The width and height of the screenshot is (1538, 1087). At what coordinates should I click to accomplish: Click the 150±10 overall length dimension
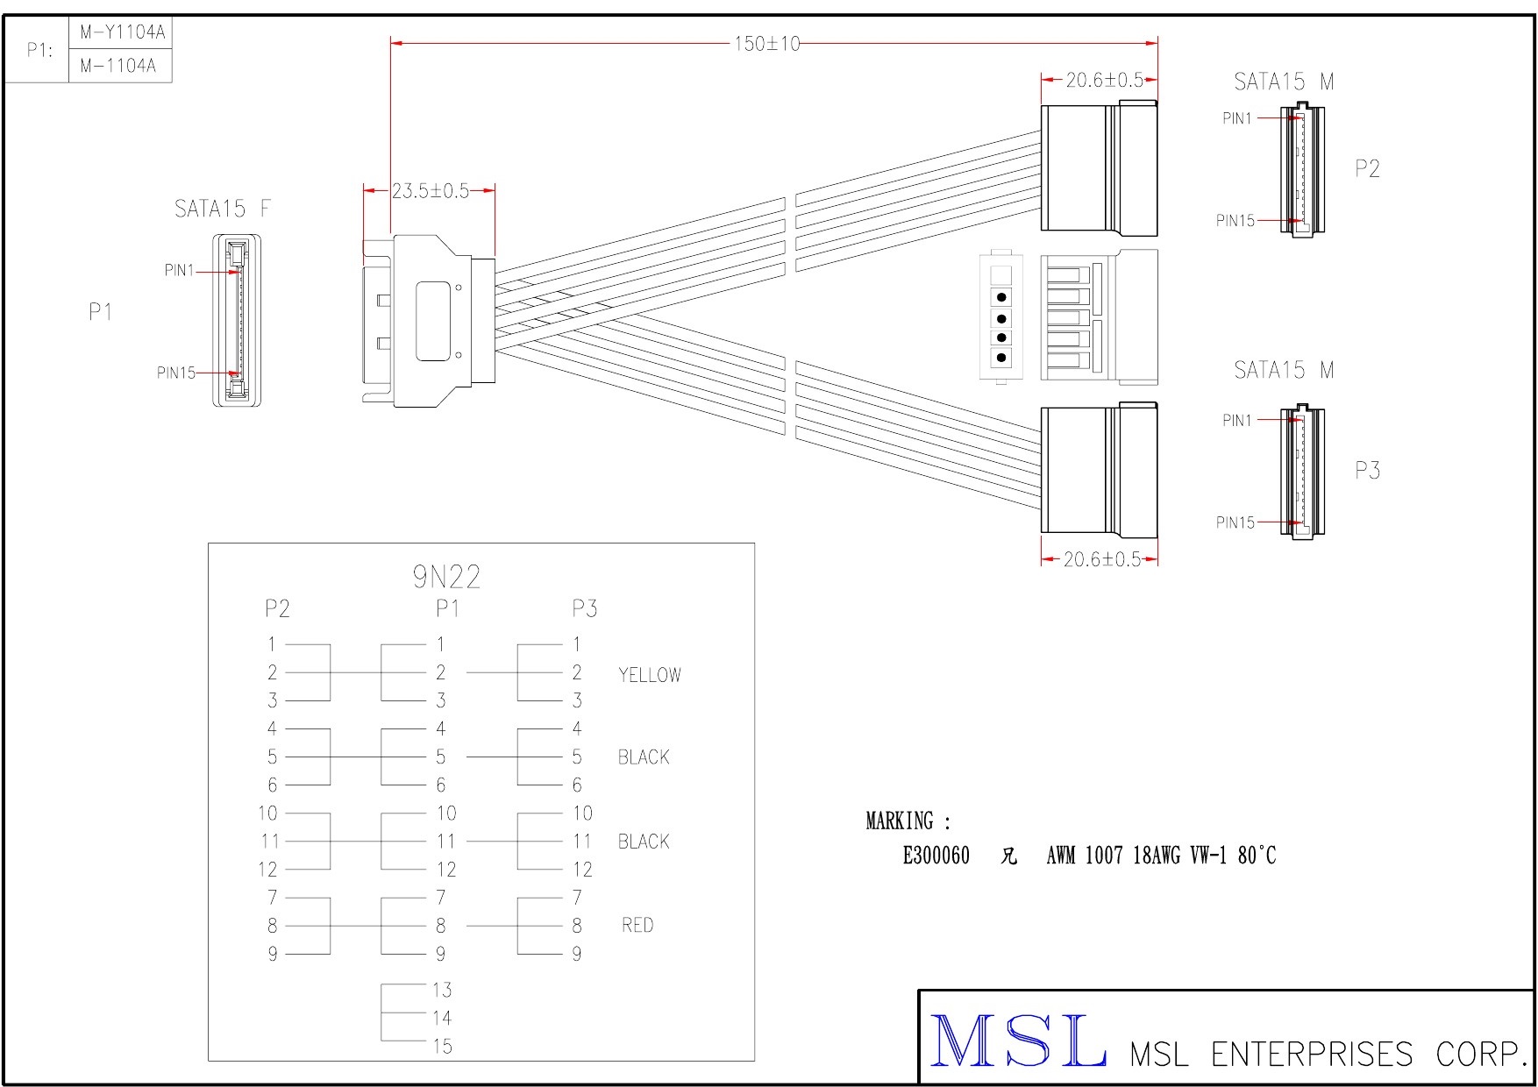(x=767, y=44)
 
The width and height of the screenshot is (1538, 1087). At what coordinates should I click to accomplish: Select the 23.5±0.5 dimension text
(x=430, y=191)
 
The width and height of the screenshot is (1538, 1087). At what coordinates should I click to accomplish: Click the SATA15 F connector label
(x=223, y=209)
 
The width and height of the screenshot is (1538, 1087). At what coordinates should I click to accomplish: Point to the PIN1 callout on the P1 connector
(x=179, y=271)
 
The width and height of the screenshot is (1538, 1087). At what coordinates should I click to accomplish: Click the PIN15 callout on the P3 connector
(x=1235, y=522)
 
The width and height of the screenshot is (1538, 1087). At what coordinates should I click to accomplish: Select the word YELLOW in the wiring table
(x=650, y=675)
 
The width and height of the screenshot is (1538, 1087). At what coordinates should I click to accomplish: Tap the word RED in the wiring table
(x=637, y=926)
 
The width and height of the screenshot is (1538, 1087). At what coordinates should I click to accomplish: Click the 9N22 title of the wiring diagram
(x=446, y=577)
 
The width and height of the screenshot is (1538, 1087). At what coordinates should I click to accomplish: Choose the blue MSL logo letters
(x=1017, y=1041)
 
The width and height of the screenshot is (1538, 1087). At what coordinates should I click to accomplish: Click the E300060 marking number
(x=936, y=856)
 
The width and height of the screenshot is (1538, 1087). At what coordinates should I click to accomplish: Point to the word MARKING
(x=900, y=821)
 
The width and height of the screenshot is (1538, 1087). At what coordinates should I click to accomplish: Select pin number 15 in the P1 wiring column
(x=442, y=1047)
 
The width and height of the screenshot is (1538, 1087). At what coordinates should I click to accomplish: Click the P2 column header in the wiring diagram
(x=277, y=608)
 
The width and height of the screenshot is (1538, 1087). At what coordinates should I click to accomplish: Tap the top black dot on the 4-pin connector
(x=1001, y=297)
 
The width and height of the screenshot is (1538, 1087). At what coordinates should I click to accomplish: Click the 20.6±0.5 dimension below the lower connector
(x=1102, y=559)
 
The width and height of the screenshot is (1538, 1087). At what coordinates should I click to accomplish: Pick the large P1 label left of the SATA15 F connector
(x=101, y=312)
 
